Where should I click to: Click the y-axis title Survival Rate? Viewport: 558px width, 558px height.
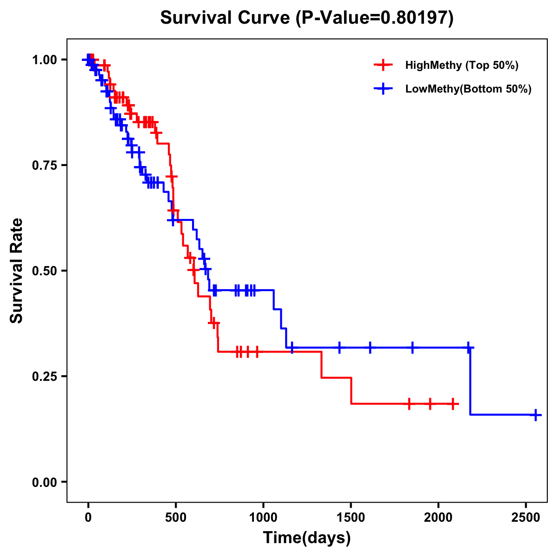17,270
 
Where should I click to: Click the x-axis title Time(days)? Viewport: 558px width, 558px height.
307,538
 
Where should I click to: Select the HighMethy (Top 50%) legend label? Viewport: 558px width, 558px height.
461,65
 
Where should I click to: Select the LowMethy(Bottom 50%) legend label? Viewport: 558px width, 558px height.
468,89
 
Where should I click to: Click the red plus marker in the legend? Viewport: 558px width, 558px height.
383,65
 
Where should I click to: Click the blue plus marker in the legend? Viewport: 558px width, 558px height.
383,89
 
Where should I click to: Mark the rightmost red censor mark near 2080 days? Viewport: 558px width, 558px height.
452,404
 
